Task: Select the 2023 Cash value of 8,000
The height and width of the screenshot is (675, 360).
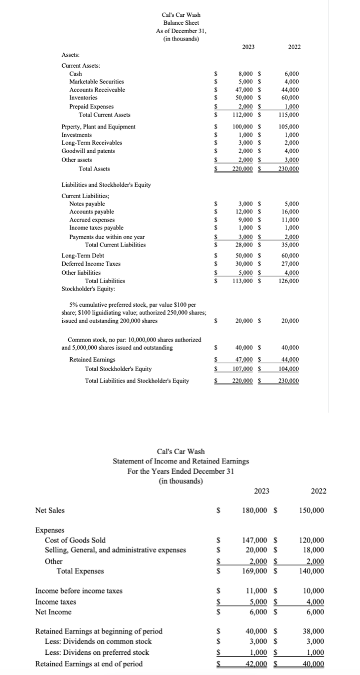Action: pyautogui.click(x=246, y=73)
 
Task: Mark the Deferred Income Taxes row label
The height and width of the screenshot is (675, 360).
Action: pyautogui.click(x=90, y=264)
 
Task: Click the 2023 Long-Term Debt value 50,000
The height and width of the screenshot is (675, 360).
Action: pyautogui.click(x=245, y=255)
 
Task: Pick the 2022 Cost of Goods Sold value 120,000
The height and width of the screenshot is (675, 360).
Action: pyautogui.click(x=312, y=540)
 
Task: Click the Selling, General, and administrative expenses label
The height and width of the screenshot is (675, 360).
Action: pyautogui.click(x=116, y=549)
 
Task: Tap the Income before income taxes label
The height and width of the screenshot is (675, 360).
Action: pyautogui.click(x=79, y=591)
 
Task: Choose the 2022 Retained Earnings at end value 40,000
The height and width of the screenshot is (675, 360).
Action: pyautogui.click(x=313, y=663)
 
